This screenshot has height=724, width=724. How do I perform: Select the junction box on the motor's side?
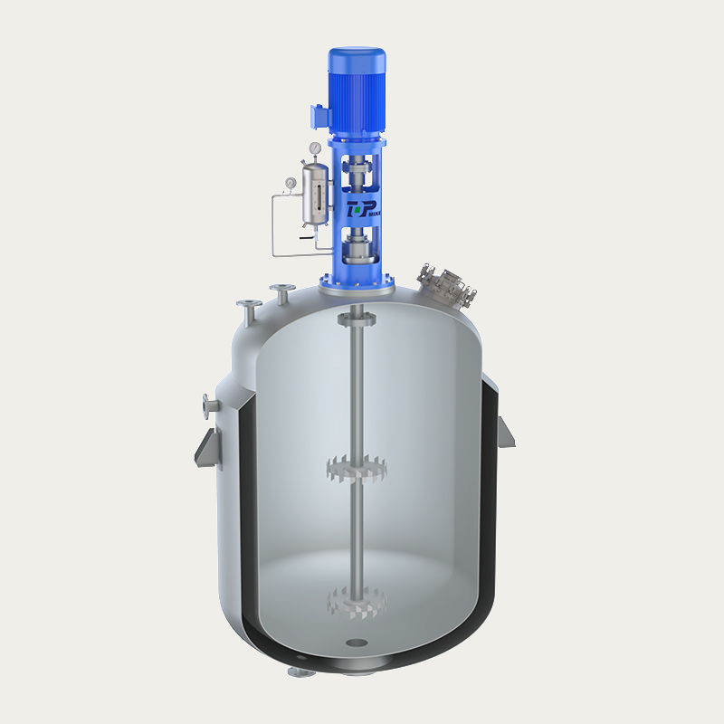(x=318, y=117)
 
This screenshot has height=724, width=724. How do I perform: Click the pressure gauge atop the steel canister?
(x=313, y=148)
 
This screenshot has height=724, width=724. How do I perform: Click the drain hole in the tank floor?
(x=357, y=644)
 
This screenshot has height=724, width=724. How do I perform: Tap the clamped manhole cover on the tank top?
(x=445, y=282)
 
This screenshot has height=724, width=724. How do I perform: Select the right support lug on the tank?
(x=508, y=433)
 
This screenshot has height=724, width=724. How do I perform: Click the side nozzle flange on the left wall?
(x=208, y=405)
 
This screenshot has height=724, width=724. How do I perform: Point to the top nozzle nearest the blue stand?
(x=281, y=291)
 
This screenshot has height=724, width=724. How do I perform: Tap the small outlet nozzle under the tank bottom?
(x=296, y=672)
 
